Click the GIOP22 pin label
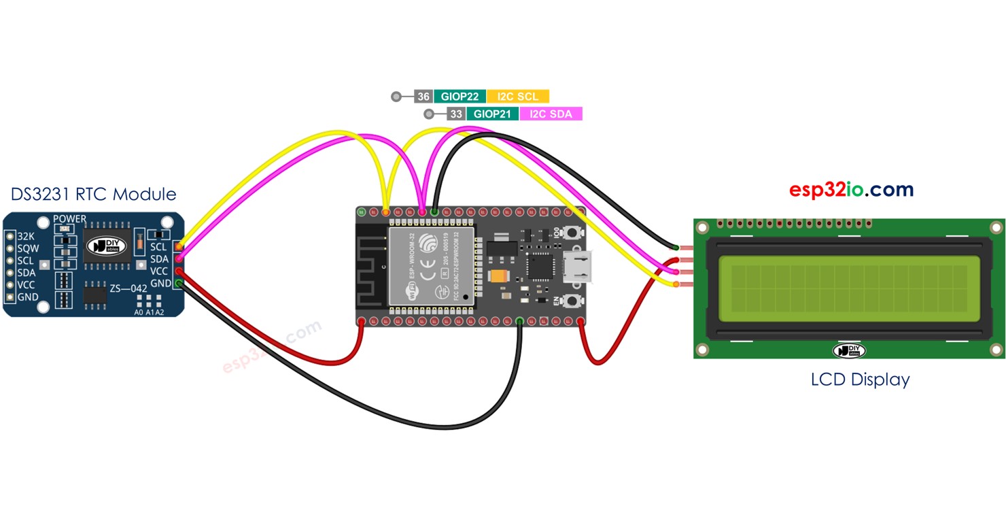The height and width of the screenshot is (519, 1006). pyautogui.click(x=459, y=97)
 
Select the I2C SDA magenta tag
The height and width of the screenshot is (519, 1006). pyautogui.click(x=551, y=114)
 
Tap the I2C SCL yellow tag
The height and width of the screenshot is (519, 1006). pyautogui.click(x=517, y=97)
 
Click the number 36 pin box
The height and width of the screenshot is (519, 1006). pyautogui.click(x=423, y=97)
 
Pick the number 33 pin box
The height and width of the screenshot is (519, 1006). pyautogui.click(x=456, y=114)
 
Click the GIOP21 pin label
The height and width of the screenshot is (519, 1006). pyautogui.click(x=492, y=114)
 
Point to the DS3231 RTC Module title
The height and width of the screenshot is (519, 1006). pyautogui.click(x=93, y=195)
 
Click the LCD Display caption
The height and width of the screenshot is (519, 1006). pyautogui.click(x=860, y=379)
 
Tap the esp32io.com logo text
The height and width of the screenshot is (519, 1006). pyautogui.click(x=851, y=190)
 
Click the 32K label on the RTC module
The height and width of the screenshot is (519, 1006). pyautogui.click(x=27, y=236)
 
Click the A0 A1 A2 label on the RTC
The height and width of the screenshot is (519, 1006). pyautogui.click(x=149, y=312)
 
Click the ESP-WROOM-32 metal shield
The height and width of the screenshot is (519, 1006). pyautogui.click(x=430, y=265)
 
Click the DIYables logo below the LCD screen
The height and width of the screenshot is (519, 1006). pyautogui.click(x=849, y=350)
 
